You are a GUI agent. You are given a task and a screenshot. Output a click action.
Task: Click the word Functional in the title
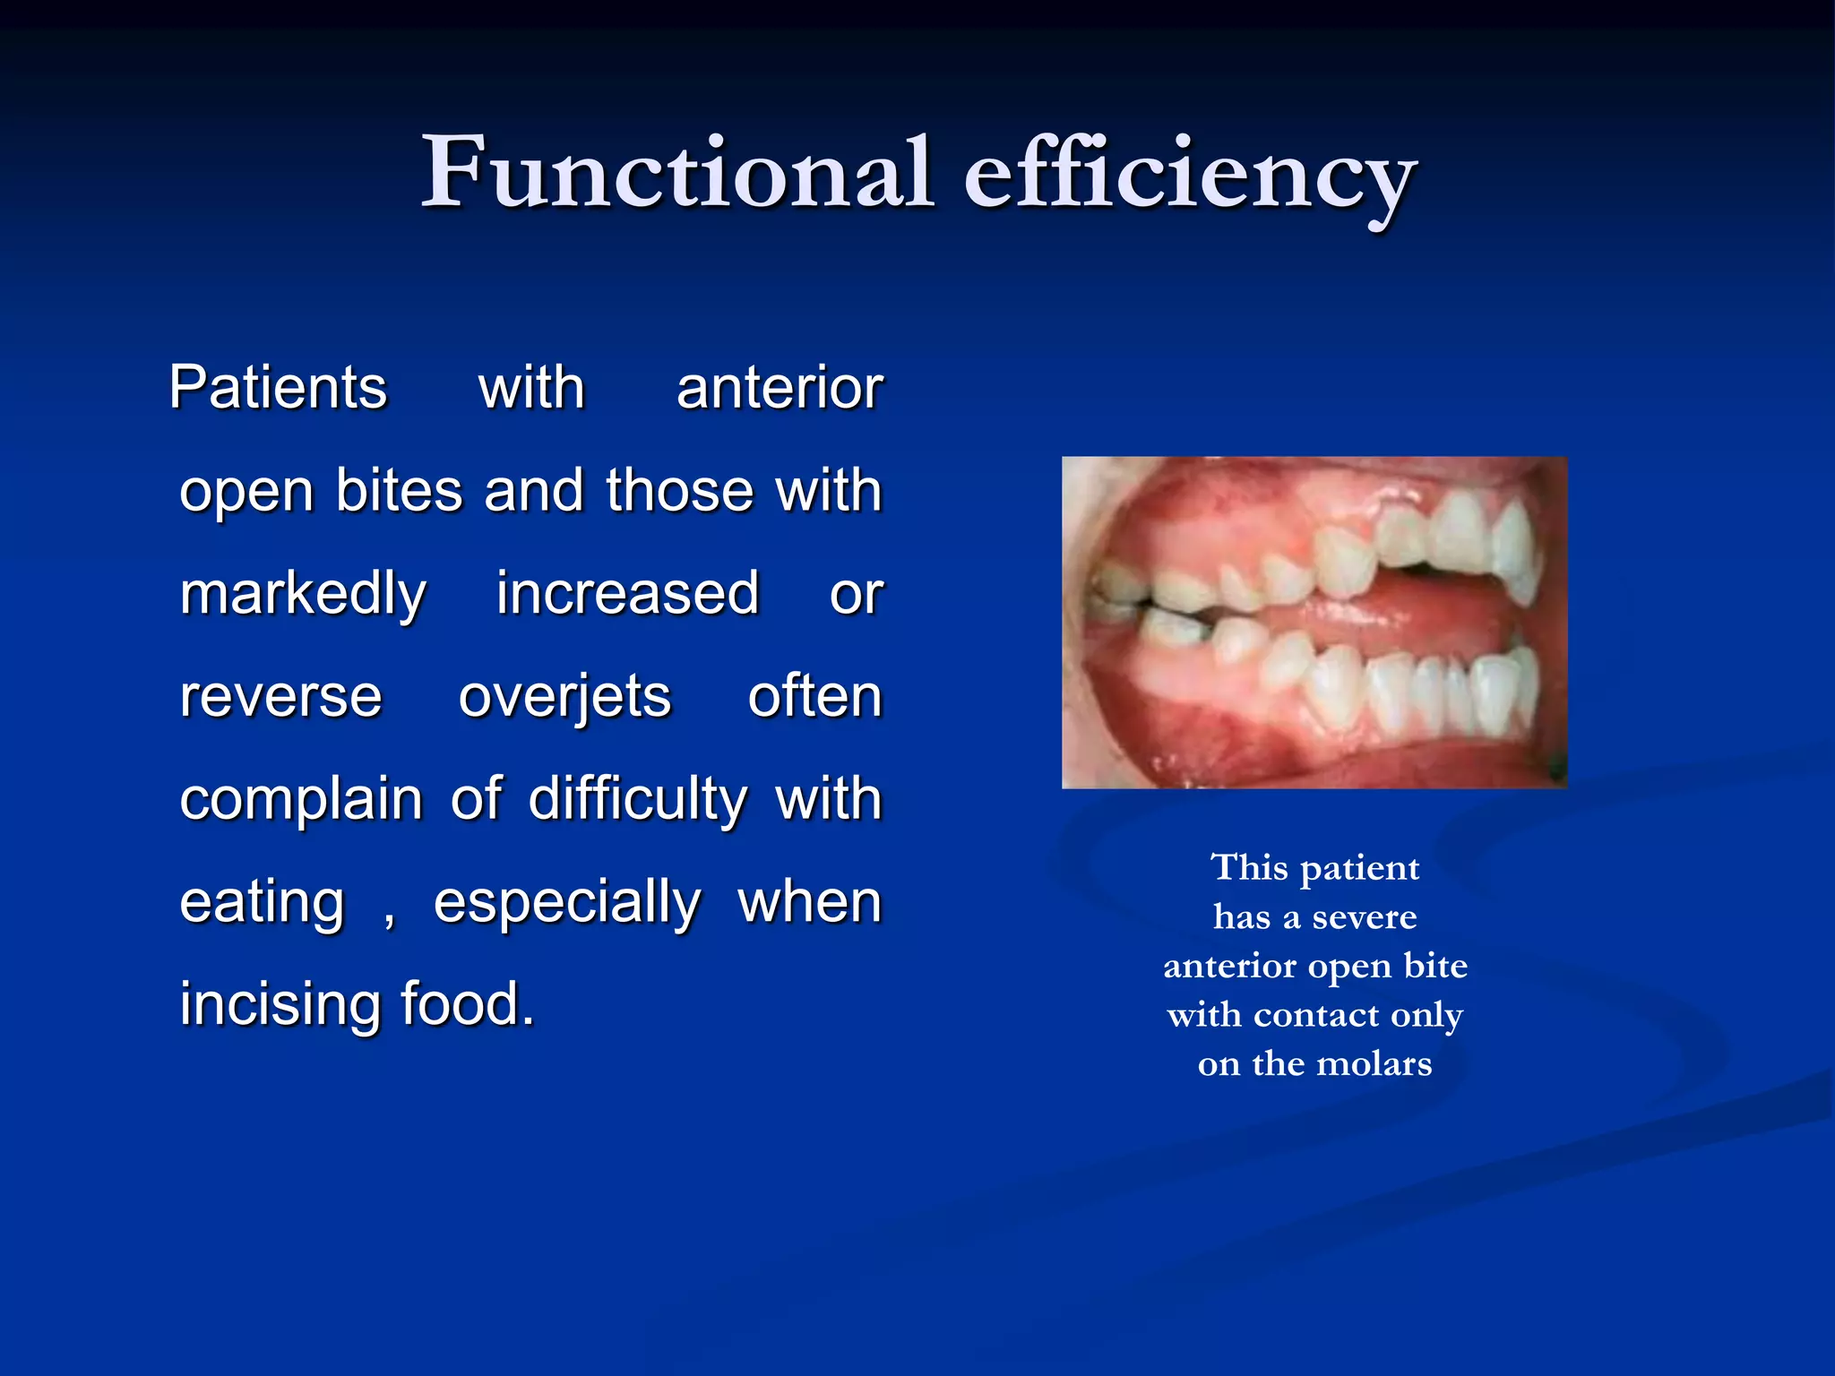click(x=676, y=172)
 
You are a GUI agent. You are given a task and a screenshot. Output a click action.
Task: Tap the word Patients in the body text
click(x=278, y=388)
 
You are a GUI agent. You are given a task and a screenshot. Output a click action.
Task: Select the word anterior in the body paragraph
click(x=780, y=388)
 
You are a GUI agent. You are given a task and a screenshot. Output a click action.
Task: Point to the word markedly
click(x=303, y=594)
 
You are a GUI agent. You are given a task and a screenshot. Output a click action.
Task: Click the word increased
click(x=627, y=593)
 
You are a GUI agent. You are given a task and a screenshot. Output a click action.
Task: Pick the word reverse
click(x=280, y=697)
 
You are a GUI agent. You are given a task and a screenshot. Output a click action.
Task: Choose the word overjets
click(x=564, y=697)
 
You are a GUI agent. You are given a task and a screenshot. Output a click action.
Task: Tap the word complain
click(x=301, y=800)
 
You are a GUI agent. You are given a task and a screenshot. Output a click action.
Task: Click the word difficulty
click(x=637, y=799)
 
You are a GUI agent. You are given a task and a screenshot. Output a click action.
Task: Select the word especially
click(x=567, y=902)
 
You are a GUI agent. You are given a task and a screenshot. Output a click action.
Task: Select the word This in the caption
click(x=1249, y=867)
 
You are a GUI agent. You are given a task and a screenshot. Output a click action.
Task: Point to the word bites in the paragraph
click(x=399, y=491)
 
